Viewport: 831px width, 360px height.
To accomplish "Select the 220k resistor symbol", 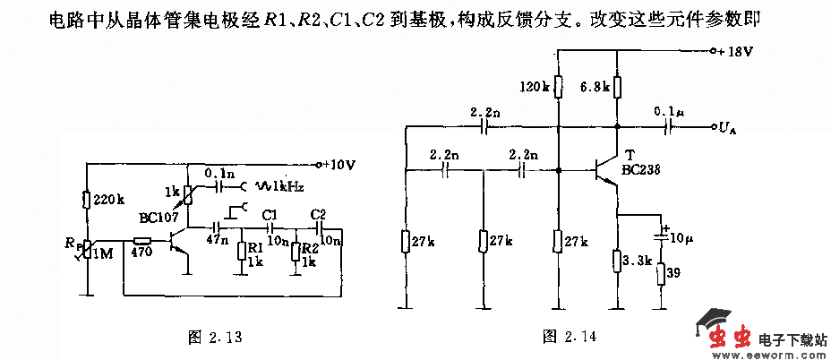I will [x=88, y=201].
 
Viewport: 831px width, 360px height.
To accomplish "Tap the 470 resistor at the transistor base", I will [x=142, y=241].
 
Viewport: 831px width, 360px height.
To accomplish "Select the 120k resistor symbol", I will [x=557, y=87].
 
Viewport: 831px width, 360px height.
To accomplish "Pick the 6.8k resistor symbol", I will [x=617, y=87].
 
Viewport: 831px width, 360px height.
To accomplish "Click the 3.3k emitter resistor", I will [x=617, y=261].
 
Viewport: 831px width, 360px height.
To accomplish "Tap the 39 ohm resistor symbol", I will [x=662, y=273].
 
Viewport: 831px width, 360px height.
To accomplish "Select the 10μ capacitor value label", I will [x=683, y=239].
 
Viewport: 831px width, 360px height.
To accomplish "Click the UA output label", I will [x=726, y=128].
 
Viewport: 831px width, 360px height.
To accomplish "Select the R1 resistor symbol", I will [x=240, y=250].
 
